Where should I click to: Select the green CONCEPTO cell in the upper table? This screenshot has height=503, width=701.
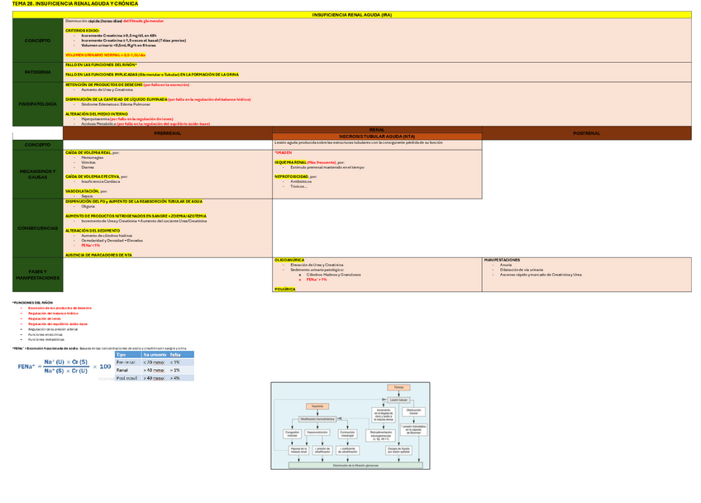click(37, 41)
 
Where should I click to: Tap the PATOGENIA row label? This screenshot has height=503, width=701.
click(37, 72)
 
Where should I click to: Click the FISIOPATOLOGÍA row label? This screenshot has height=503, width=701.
click(37, 103)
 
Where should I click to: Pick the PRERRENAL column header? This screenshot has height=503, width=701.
click(168, 132)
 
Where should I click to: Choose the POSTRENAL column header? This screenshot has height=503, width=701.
click(586, 132)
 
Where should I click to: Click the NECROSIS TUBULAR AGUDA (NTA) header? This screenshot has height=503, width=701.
click(377, 136)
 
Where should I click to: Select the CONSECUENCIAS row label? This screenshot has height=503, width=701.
click(37, 228)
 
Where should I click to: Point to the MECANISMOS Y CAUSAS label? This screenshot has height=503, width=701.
click(37, 174)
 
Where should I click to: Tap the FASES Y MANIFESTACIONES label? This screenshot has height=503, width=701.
click(37, 275)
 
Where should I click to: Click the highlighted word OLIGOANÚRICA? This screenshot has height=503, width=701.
click(289, 259)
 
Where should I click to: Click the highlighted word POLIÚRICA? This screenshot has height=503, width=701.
click(284, 290)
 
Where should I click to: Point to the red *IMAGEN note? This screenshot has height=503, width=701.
click(284, 152)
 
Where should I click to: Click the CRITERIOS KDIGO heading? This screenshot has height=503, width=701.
click(83, 29)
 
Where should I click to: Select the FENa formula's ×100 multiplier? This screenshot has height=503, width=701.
click(101, 366)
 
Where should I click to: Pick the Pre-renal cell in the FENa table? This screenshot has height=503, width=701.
click(126, 362)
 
